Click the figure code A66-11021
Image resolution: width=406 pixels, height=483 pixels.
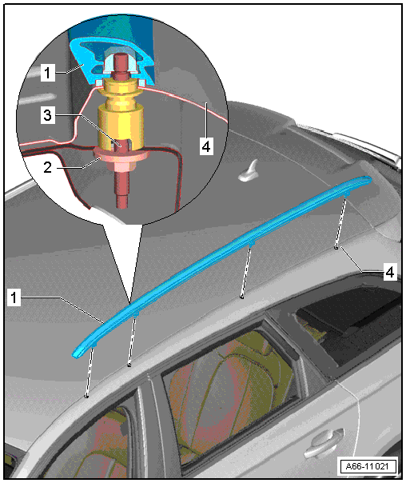pyautogui.click(x=367, y=466)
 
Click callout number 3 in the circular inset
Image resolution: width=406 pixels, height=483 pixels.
pyautogui.click(x=47, y=115)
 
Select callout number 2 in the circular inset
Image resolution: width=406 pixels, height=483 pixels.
pyautogui.click(x=47, y=167)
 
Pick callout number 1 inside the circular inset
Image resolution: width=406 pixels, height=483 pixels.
pyautogui.click(x=47, y=73)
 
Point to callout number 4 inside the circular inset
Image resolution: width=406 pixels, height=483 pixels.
pyautogui.click(x=205, y=146)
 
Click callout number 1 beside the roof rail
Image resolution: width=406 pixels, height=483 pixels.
pyautogui.click(x=14, y=297)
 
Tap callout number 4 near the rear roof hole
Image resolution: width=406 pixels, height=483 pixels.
pyautogui.click(x=390, y=272)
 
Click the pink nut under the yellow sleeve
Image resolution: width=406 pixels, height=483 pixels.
pyautogui.click(x=121, y=157)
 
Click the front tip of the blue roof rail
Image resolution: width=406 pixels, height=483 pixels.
pyautogui.click(x=74, y=356)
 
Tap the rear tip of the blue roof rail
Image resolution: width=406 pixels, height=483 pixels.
pyautogui.click(x=370, y=178)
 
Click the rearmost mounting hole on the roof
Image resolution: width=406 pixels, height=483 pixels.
pyautogui.click(x=336, y=247)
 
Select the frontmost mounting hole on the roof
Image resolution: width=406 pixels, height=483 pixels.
pyautogui.click(x=87, y=396)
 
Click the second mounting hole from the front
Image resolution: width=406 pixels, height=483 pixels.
pyautogui.click(x=129, y=365)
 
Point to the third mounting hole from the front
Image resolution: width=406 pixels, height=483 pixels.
pyautogui.click(x=242, y=297)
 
